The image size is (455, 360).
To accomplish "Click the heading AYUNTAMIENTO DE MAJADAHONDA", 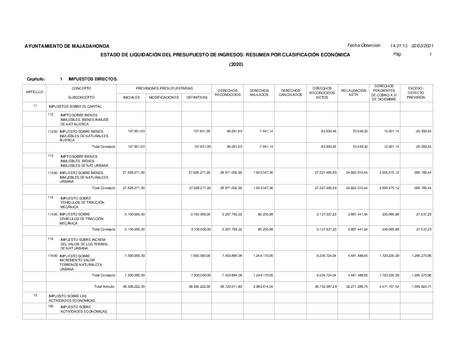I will tap(67, 46).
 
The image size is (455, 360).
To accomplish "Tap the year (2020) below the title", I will tap(236, 64).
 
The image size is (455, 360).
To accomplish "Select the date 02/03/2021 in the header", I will tap(422, 46).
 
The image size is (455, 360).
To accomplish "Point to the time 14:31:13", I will tap(399, 46).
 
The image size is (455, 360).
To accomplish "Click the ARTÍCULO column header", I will tap(35, 92).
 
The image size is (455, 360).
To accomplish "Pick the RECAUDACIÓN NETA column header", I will tap(354, 93).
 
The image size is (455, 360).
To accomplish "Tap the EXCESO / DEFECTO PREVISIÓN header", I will tap(416, 93).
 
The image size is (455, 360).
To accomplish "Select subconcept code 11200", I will tap(53, 131).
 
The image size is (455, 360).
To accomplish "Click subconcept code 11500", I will tap(53, 214).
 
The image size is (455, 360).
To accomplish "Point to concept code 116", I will tap(51, 238).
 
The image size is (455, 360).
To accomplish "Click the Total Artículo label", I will tap(104, 286).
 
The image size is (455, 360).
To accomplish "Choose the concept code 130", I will tap(51, 306).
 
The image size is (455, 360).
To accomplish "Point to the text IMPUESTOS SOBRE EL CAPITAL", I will tap(76, 106).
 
